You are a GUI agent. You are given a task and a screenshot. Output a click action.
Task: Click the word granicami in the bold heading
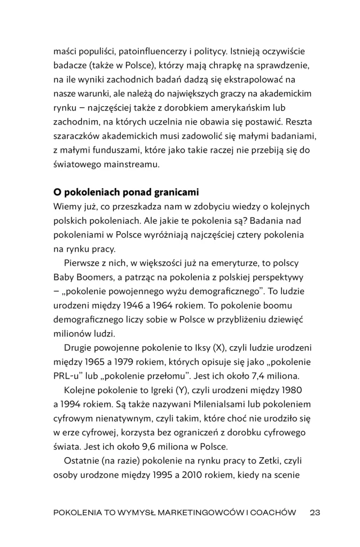[x=169, y=192]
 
